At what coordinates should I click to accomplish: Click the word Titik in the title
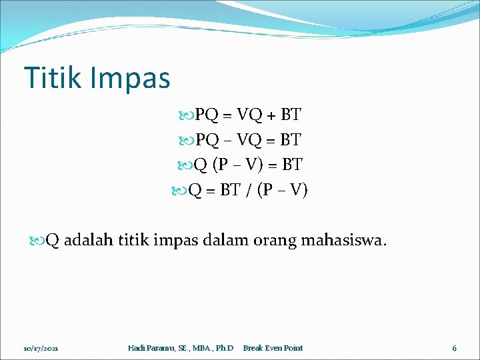pos(51,78)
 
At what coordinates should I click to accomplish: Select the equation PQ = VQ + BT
pos(247,115)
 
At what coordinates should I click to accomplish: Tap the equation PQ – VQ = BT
pos(247,140)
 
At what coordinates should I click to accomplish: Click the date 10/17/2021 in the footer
pos(41,348)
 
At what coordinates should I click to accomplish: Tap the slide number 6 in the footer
pos(454,348)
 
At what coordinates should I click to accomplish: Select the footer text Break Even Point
pos(273,348)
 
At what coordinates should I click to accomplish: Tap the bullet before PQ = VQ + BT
pos(186,115)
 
